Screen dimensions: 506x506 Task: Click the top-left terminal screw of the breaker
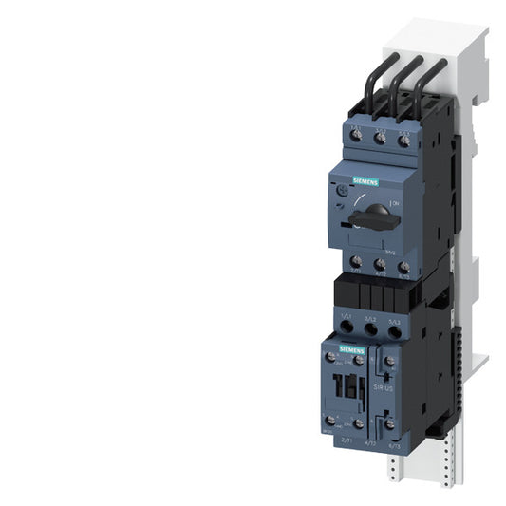tap(358, 138)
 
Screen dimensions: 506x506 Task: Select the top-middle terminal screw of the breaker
tap(382, 137)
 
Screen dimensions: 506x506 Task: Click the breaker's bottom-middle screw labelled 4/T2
tap(381, 268)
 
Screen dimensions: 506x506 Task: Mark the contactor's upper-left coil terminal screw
tap(333, 358)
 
